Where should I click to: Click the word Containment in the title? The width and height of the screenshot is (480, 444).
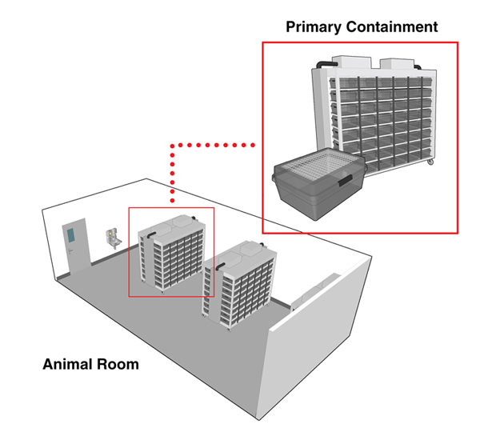392,26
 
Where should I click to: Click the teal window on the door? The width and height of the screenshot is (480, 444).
70,235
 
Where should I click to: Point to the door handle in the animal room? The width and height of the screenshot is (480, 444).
70,251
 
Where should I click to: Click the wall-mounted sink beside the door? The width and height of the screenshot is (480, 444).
114,238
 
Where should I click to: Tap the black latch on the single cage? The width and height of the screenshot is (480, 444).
346,180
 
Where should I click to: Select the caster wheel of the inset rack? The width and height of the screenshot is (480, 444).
430,162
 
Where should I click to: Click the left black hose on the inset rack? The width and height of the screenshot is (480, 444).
326,65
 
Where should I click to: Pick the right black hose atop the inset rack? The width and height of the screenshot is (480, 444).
418,66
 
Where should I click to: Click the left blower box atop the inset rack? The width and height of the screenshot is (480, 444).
352,62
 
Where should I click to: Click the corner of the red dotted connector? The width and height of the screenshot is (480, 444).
172,146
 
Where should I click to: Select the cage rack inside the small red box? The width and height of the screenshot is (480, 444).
171,253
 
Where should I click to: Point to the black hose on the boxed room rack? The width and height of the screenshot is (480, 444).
151,235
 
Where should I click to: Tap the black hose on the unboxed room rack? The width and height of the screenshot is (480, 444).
221,266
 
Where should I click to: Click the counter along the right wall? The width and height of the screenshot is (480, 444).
315,291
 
